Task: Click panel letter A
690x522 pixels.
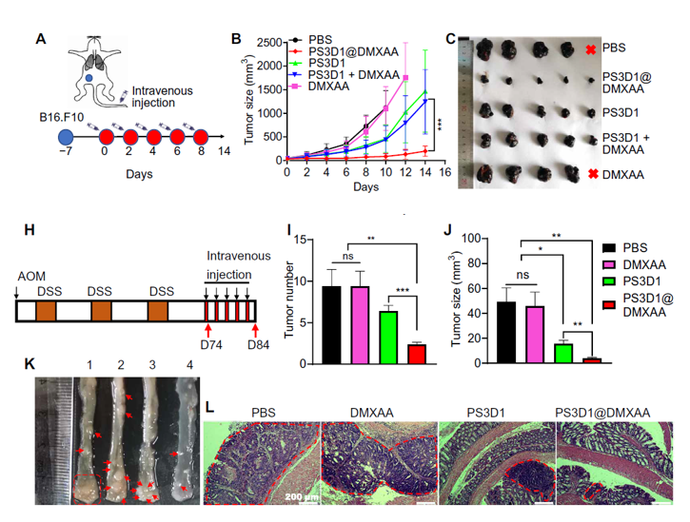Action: tap(40, 39)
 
